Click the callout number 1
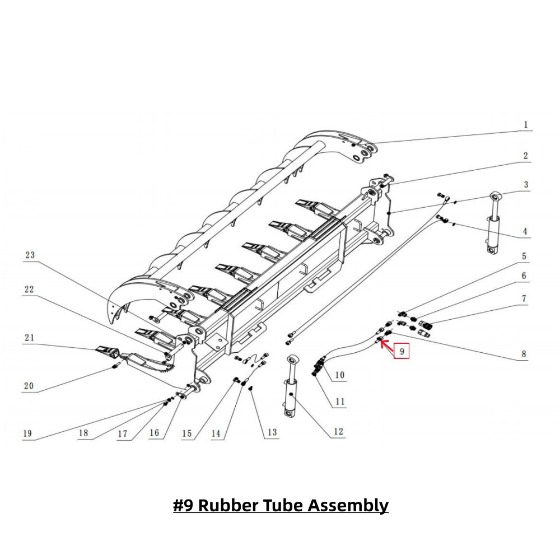click(x=525, y=125)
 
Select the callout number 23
click(x=30, y=255)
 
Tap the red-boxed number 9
click(x=402, y=351)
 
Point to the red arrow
click(x=386, y=344)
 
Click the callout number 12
click(x=338, y=432)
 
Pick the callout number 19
click(x=27, y=433)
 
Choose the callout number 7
click(x=524, y=299)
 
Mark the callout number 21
click(x=29, y=338)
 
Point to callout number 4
click(x=525, y=231)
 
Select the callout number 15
click(x=186, y=433)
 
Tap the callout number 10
click(x=339, y=375)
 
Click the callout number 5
click(x=525, y=256)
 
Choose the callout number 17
click(x=122, y=433)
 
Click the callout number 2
click(x=525, y=156)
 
